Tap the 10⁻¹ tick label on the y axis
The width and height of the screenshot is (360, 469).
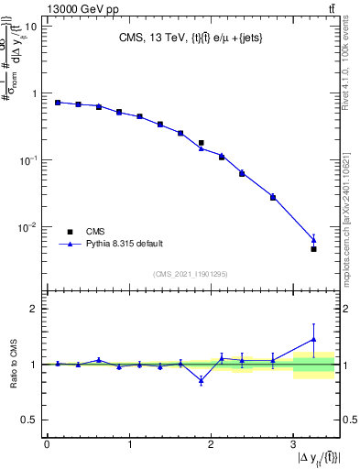[27, 160]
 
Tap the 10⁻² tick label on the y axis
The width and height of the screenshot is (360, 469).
[27, 227]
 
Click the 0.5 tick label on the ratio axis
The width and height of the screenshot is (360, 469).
[30, 420]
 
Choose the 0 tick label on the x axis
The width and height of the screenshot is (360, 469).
[47, 444]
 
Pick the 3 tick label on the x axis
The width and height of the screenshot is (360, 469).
[293, 444]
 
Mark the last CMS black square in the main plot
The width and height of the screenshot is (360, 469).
[313, 248]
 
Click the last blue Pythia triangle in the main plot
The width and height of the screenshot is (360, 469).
[313, 240]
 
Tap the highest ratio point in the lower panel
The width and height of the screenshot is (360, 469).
[313, 339]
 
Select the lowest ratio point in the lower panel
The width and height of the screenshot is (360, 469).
[201, 380]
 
